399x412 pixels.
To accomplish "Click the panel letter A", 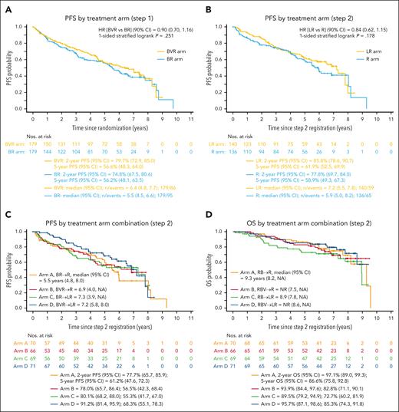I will pyautogui.click(x=6, y=6).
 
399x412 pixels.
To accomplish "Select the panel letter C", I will pyautogui.click(x=6, y=213).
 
